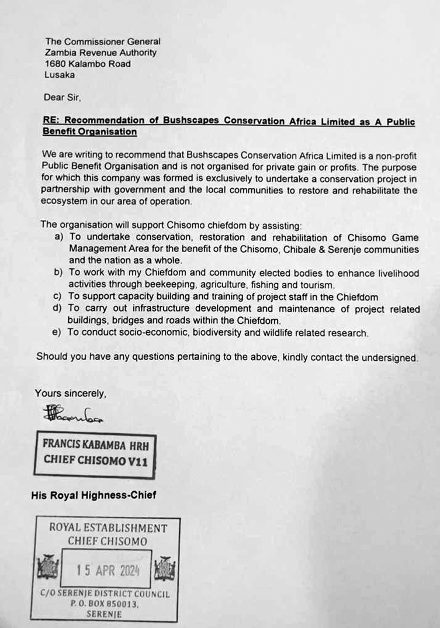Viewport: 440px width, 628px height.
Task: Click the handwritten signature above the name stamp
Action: [x=72, y=415]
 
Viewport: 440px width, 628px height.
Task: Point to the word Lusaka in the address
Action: [x=60, y=75]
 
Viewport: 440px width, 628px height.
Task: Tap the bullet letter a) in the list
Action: [x=58, y=237]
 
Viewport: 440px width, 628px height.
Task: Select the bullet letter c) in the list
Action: [x=58, y=297]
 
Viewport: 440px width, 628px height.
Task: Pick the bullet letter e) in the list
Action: [x=58, y=333]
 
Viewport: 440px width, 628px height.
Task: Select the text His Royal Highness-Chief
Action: [x=93, y=495]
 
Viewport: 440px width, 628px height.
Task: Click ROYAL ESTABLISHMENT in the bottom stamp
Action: [x=108, y=528]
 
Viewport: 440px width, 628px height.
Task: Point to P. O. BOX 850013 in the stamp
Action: [x=105, y=604]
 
